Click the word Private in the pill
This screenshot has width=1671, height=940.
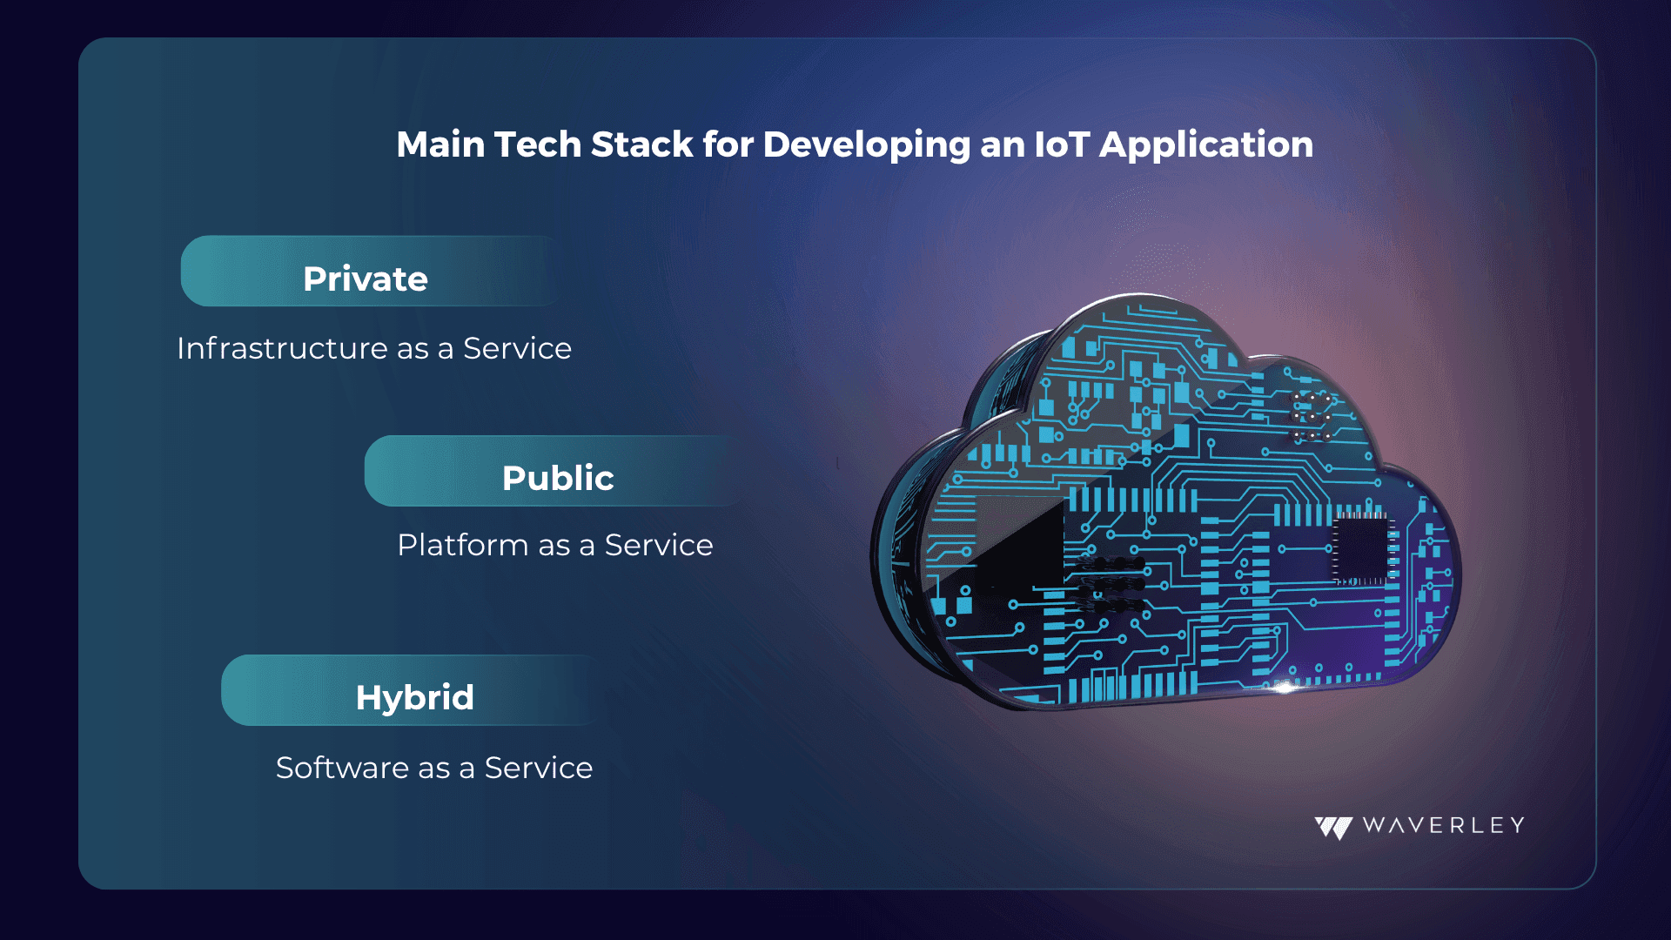366,279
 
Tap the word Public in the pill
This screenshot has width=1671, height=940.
558,478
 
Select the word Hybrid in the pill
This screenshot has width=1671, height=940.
415,698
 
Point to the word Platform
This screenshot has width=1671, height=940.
462,545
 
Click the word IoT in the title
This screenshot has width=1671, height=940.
1062,144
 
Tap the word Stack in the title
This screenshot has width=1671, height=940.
641,144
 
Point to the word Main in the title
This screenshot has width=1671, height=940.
440,144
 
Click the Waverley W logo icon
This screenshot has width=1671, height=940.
1333,827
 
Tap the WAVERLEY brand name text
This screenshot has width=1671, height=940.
1443,825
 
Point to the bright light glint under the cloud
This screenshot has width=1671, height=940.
1285,688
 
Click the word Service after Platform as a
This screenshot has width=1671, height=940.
659,545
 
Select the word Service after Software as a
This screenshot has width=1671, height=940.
539,768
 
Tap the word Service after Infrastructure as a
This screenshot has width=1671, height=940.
517,348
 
